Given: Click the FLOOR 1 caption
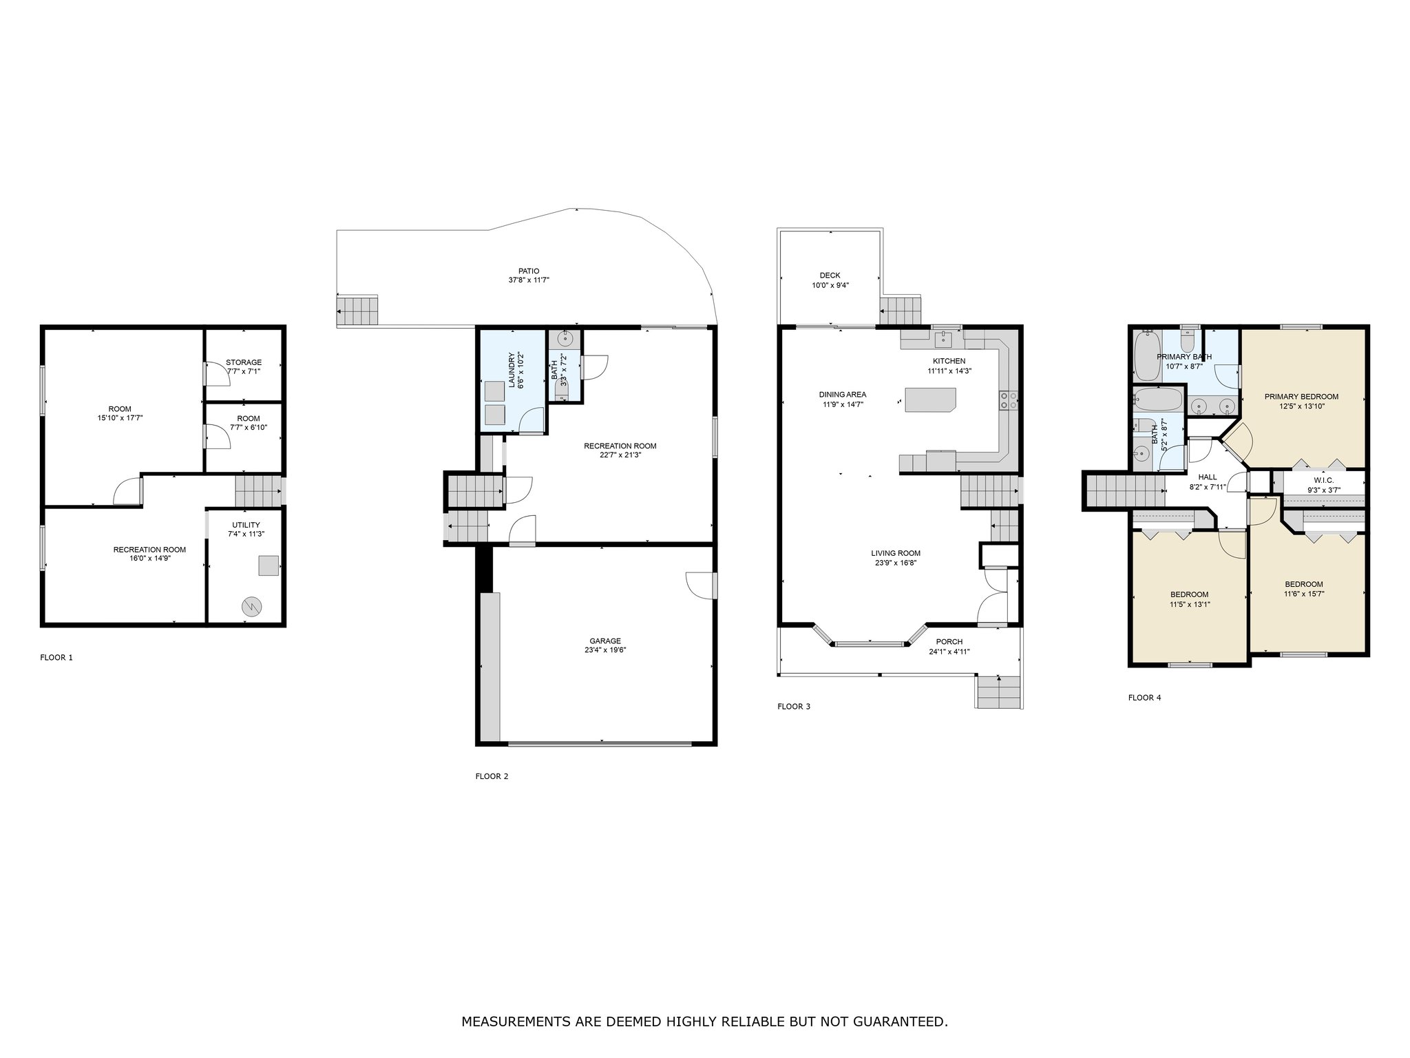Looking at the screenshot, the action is point(56,658).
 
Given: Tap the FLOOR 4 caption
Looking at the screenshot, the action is point(1144,698).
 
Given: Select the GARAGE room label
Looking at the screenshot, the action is point(604,641).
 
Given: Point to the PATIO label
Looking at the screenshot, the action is point(529,271).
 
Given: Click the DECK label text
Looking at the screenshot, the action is point(830,276).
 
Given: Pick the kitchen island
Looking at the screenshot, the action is point(931,400).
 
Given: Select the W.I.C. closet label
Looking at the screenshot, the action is point(1323,481).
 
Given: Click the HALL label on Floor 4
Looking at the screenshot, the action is point(1208,477).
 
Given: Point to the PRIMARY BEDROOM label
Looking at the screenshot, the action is point(1301,397).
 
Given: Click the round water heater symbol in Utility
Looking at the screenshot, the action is point(251,607).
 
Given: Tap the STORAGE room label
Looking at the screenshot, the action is point(244,362).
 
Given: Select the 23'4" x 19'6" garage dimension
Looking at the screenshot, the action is point(604,650).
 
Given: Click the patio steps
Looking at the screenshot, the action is point(358,311).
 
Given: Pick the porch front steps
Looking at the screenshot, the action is point(998,692).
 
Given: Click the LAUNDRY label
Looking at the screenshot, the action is point(512,371).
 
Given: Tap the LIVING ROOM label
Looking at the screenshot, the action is point(896,553).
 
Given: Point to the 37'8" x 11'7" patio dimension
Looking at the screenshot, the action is point(529,280).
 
